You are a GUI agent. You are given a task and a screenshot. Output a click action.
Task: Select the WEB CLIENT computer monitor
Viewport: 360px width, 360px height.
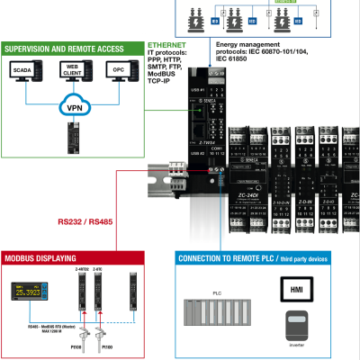click(x=76, y=72)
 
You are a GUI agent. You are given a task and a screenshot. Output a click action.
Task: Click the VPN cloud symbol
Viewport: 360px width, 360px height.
click(x=76, y=106)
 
